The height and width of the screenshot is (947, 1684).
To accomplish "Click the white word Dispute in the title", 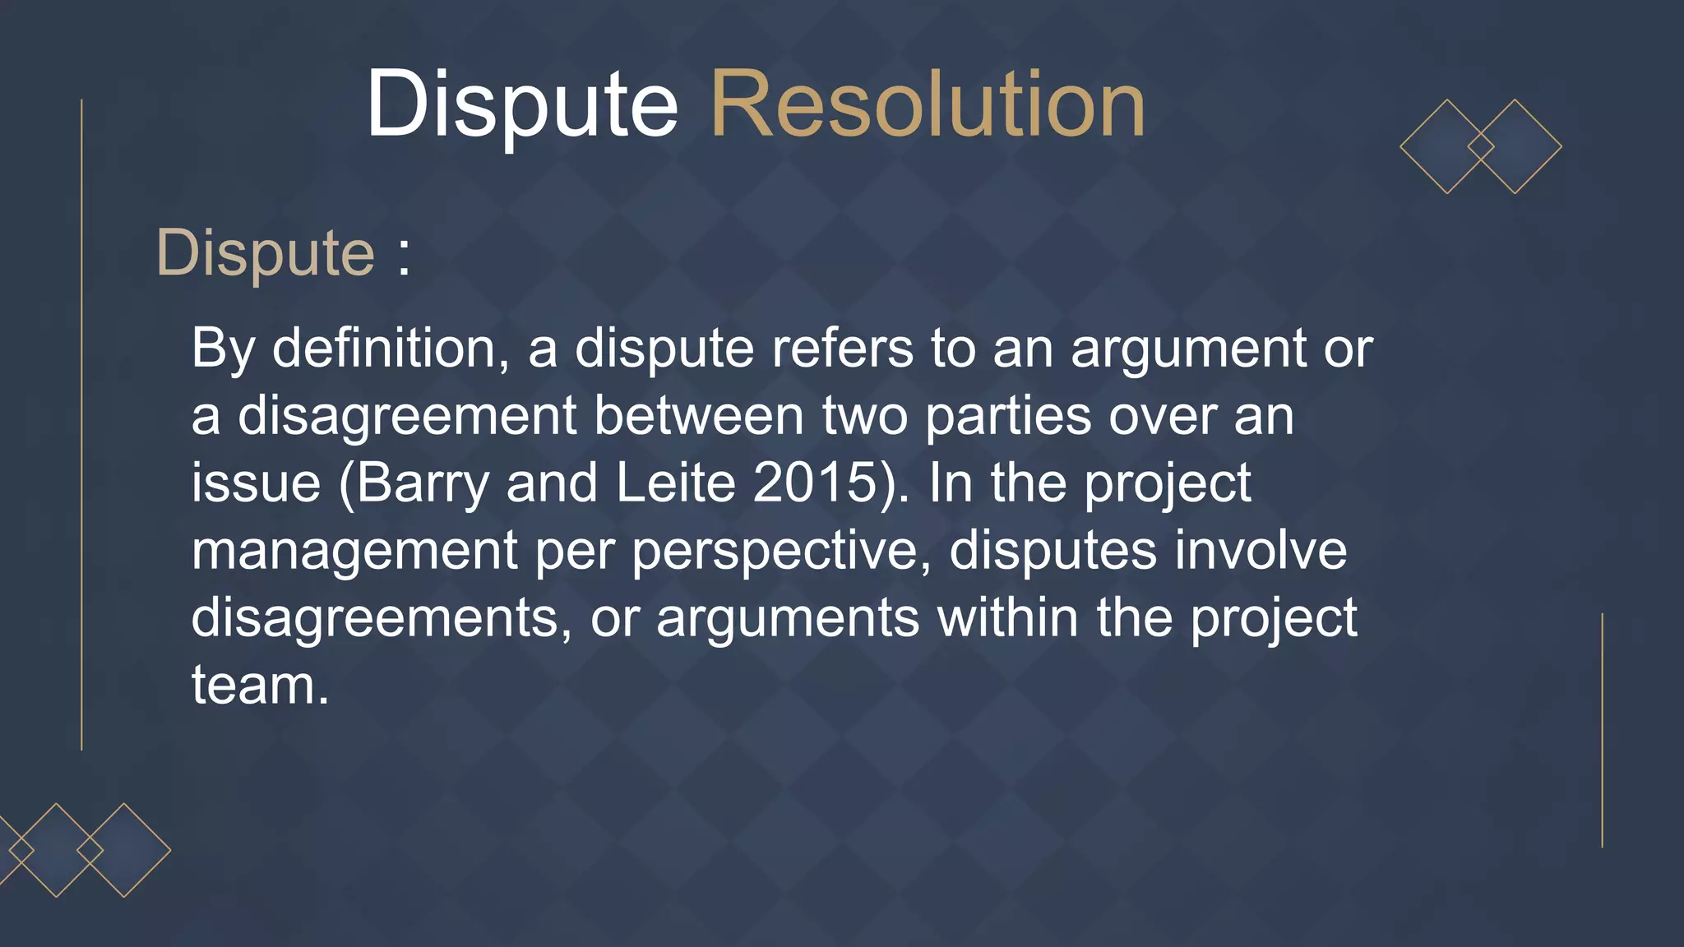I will (x=521, y=105).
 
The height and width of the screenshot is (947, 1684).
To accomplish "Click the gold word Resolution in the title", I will (x=927, y=105).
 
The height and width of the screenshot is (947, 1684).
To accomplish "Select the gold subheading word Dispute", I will (x=265, y=253).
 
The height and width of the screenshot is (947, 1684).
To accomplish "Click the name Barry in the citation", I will (x=423, y=483).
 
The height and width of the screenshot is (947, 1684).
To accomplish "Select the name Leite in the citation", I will (x=675, y=483).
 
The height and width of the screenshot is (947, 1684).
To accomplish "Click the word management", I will (x=354, y=551).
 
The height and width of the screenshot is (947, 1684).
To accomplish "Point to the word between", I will (x=698, y=416).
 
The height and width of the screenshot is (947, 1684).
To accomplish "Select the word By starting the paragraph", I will (x=222, y=349).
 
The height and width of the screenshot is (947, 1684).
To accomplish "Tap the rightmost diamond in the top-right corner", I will (x=1515, y=147).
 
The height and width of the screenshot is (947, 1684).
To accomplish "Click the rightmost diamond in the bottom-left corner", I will (x=124, y=850).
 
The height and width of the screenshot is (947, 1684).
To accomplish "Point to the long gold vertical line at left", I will (x=81, y=424).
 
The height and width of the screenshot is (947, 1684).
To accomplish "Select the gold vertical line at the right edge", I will (x=1602, y=730).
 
